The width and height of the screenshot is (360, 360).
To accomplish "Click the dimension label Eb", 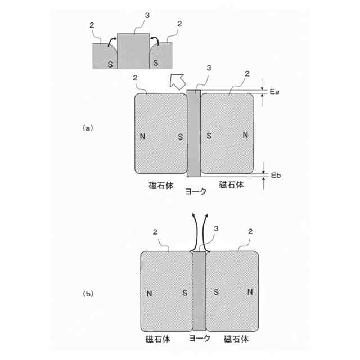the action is pyautogui.click(x=276, y=175).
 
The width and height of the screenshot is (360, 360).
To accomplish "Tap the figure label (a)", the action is pyautogui.click(x=87, y=128).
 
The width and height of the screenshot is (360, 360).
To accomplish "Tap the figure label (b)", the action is pyautogui.click(x=88, y=293).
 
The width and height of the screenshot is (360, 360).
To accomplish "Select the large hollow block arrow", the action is pyautogui.click(x=178, y=82).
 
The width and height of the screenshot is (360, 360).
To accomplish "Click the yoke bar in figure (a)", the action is pyautogui.click(x=193, y=132).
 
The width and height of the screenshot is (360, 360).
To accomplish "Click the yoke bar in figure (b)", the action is pyautogui.click(x=200, y=291).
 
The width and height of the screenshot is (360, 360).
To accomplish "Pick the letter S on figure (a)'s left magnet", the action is pyautogui.click(x=180, y=136).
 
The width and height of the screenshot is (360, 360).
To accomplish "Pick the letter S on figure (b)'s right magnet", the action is pyautogui.click(x=216, y=292).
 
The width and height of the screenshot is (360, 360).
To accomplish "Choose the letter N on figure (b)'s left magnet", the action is pyautogui.click(x=149, y=293).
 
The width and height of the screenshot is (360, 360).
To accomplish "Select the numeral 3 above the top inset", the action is pyautogui.click(x=147, y=16).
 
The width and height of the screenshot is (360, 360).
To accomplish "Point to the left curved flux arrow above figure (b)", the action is pyautogui.click(x=195, y=231).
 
